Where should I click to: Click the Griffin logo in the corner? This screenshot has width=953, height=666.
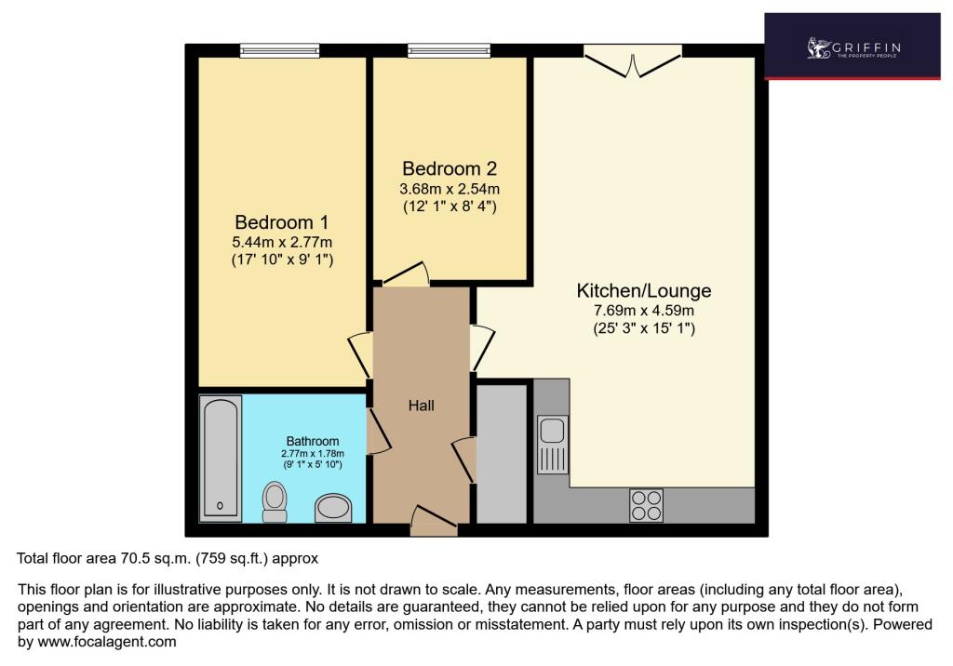click(852, 47)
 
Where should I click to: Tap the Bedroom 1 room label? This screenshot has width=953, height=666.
click(282, 221)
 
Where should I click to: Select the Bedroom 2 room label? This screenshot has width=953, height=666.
click(450, 168)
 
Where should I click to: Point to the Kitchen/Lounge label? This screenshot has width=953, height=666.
click(644, 290)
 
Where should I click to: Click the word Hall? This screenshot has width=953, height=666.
click(422, 406)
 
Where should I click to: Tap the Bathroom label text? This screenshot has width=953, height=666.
click(313, 441)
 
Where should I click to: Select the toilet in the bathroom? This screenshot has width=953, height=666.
click(275, 502)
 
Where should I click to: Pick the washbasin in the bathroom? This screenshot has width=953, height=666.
click(333, 508)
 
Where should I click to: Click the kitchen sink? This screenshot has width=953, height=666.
click(553, 445)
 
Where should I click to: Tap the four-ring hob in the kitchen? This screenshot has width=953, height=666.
click(646, 506)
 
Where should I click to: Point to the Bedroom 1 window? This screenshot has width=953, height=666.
click(279, 50)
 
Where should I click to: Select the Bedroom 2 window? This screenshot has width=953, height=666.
click(449, 50)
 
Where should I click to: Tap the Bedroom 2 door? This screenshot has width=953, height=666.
click(406, 274)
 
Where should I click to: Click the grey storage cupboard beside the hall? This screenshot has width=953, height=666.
click(502, 453)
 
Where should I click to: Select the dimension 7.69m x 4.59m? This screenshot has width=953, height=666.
click(644, 311)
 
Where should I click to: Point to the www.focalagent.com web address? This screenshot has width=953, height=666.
click(107, 642)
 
